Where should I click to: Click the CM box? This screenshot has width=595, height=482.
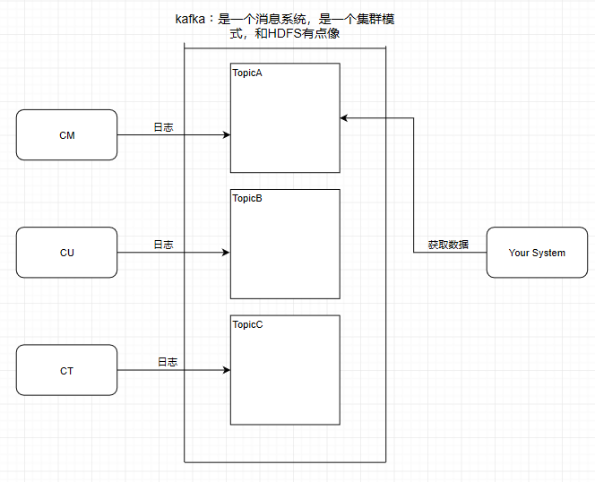67,134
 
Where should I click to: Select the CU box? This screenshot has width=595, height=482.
67,252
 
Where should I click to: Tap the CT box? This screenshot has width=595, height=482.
67,369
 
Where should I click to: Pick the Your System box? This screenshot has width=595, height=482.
537,253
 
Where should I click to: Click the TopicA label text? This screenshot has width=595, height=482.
247,73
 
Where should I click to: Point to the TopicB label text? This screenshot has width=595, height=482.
247,198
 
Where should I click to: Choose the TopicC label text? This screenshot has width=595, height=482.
247,324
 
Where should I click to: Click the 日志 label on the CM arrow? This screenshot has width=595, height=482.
163,127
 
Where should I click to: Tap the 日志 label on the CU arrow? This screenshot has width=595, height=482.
163,245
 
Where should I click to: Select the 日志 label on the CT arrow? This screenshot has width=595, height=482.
168,362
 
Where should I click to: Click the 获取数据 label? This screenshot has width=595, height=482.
448,244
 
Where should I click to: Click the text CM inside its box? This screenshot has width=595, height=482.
67,135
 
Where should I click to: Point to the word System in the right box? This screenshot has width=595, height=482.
548,253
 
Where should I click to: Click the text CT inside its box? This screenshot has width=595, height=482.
67,370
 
